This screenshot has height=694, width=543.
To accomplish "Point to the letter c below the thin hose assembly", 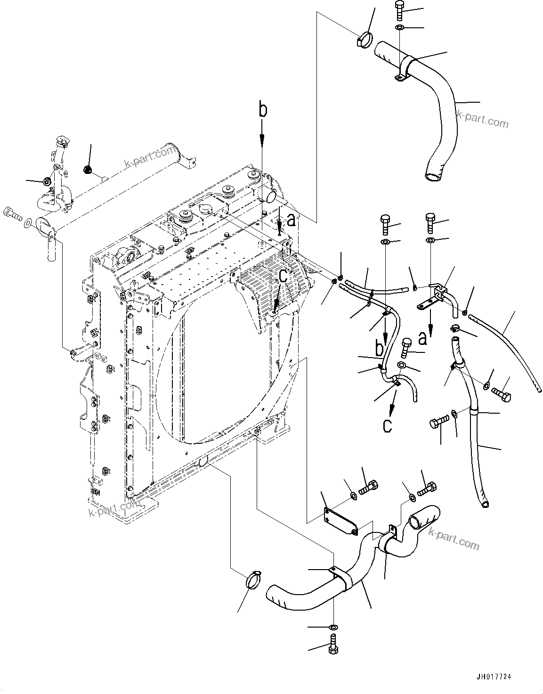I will pos(387,425).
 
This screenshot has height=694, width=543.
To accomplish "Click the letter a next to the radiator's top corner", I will pos(292,220).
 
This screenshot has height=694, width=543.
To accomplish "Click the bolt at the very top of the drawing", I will pos(398,8).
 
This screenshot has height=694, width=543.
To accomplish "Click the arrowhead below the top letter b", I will pos(262,139).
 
